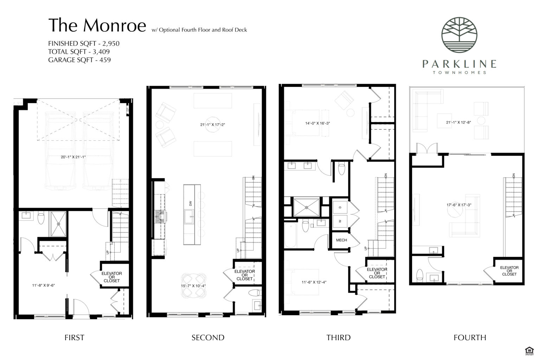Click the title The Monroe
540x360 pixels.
pos(97,25)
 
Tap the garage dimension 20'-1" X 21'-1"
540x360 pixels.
pos(73,157)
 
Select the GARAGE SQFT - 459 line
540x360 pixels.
pos(79,60)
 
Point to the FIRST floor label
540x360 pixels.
pos(74,337)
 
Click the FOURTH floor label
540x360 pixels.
pos(470,337)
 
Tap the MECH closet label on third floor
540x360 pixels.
pos(341,240)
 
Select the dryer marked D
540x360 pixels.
pos(340,207)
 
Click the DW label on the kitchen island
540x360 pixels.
pos(191,203)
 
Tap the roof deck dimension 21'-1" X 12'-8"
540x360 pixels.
pos(458,122)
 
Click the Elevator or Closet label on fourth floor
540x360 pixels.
pos(509,271)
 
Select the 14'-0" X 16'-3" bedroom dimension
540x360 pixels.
pos(317,123)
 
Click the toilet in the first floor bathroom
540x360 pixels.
pos(40,218)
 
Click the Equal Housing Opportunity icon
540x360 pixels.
pos(528,350)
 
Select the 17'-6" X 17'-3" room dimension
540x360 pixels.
pos(459,205)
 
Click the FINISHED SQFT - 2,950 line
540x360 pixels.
pos(84,44)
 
